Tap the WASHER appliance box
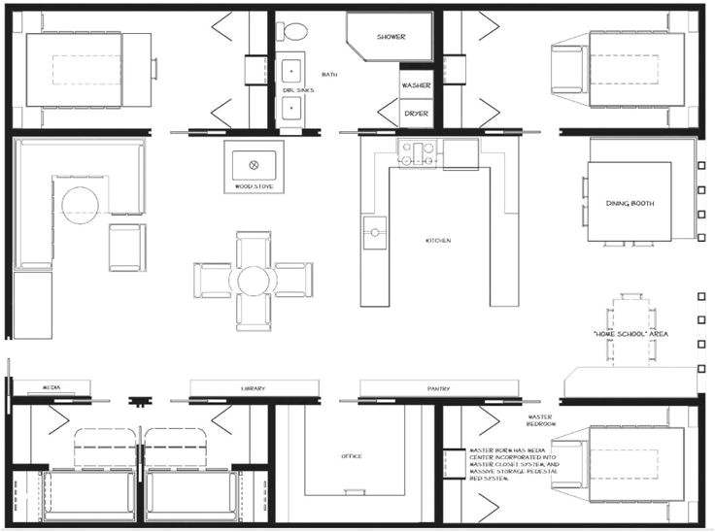[x=416, y=85]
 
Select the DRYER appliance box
[x=416, y=114]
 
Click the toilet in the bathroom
[x=290, y=30]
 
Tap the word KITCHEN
[x=437, y=240]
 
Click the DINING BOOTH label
[x=629, y=203]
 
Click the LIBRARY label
[x=253, y=388]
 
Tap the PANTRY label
[x=437, y=388]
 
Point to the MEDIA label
[x=51, y=387]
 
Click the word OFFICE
[x=352, y=455]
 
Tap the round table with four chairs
[x=253, y=280]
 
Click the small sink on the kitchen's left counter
[x=373, y=230]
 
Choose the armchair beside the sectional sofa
[x=127, y=247]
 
